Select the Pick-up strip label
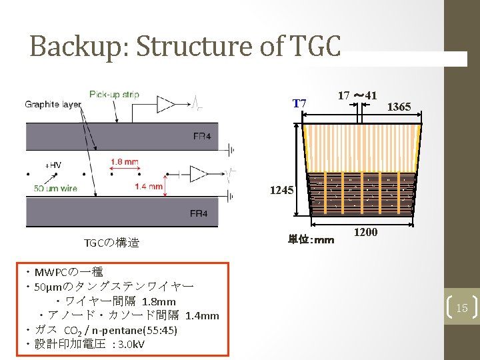[x=114, y=95]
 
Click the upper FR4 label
[x=201, y=137]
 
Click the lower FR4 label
[x=199, y=213]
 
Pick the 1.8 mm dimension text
[x=125, y=161]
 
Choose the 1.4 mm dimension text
[x=149, y=187]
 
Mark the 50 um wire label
[x=55, y=188]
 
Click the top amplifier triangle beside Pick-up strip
[x=165, y=103]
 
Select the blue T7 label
[x=299, y=103]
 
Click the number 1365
[x=399, y=107]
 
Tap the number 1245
[x=281, y=190]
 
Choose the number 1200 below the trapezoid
[x=365, y=232]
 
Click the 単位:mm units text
[x=311, y=239]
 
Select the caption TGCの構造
[x=111, y=243]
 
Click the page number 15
[x=462, y=307]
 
